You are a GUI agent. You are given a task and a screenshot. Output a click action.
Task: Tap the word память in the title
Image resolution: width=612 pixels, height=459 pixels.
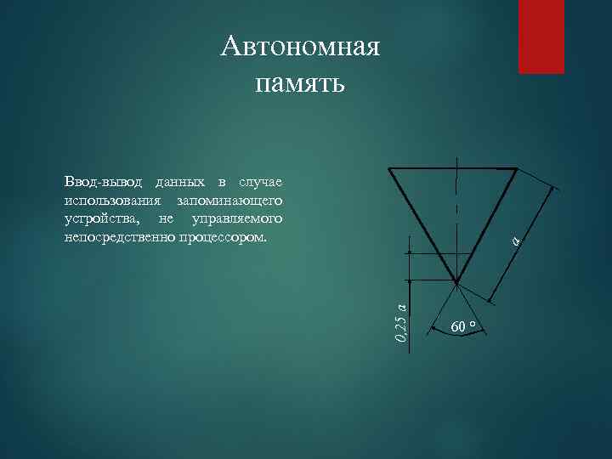(x=299, y=83)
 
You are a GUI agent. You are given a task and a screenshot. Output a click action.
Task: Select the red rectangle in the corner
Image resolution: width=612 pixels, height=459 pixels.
(x=541, y=37)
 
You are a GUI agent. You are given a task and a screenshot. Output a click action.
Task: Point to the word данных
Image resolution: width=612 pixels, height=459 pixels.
(x=179, y=183)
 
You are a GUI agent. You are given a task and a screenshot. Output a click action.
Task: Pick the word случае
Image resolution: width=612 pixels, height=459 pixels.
(x=261, y=183)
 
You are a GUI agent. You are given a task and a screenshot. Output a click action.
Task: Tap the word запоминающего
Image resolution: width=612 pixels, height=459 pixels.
(x=229, y=201)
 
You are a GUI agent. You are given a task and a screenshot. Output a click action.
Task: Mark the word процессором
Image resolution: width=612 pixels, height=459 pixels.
(x=223, y=237)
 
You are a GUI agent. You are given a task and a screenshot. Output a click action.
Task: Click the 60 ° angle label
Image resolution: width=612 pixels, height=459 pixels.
(x=463, y=326)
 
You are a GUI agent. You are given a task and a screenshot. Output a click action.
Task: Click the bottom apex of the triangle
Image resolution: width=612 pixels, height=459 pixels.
(x=456, y=283)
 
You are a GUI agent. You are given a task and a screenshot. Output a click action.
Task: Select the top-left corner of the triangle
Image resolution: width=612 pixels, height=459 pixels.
(x=389, y=168)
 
